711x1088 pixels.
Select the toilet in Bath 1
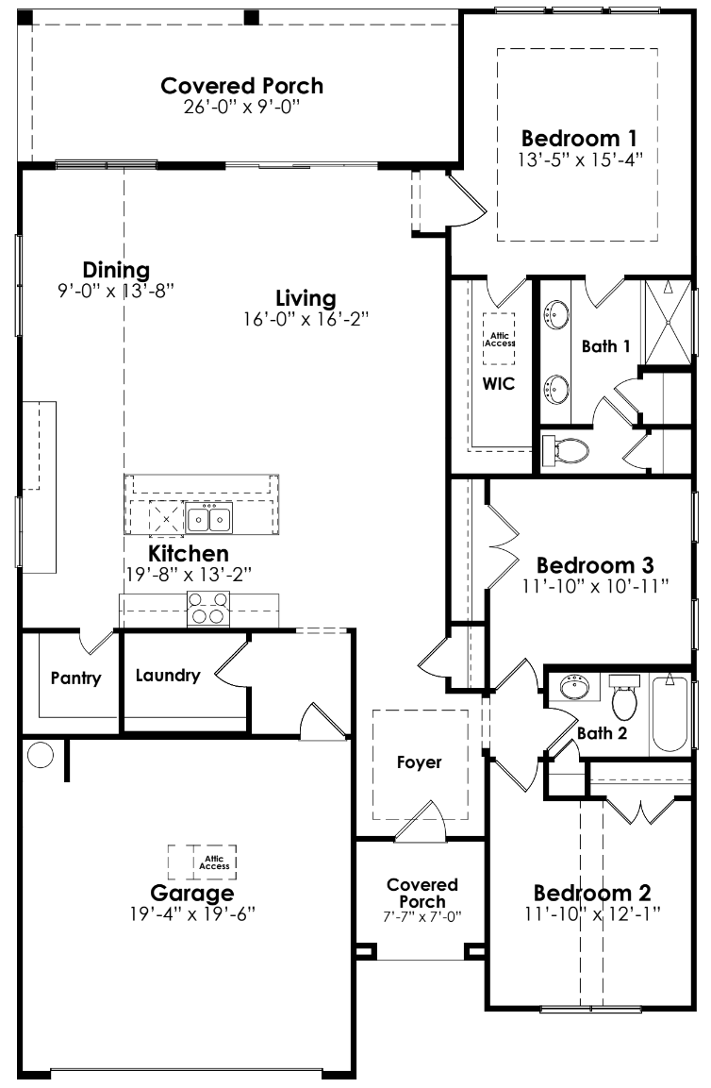[565, 451]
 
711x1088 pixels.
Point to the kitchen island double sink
[209, 518]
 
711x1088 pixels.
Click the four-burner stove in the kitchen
[208, 609]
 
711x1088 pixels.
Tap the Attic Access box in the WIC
[500, 339]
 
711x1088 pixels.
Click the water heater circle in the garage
[41, 754]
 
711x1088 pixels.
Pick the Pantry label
[75, 678]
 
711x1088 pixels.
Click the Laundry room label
[167, 676]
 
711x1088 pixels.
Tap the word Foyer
[420, 762]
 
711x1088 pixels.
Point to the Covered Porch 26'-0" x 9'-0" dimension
[241, 107]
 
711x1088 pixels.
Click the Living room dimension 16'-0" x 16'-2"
[305, 319]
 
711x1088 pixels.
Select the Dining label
[116, 269]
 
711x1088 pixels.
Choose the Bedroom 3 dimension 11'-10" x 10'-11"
[594, 586]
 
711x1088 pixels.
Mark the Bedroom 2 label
[592, 892]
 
